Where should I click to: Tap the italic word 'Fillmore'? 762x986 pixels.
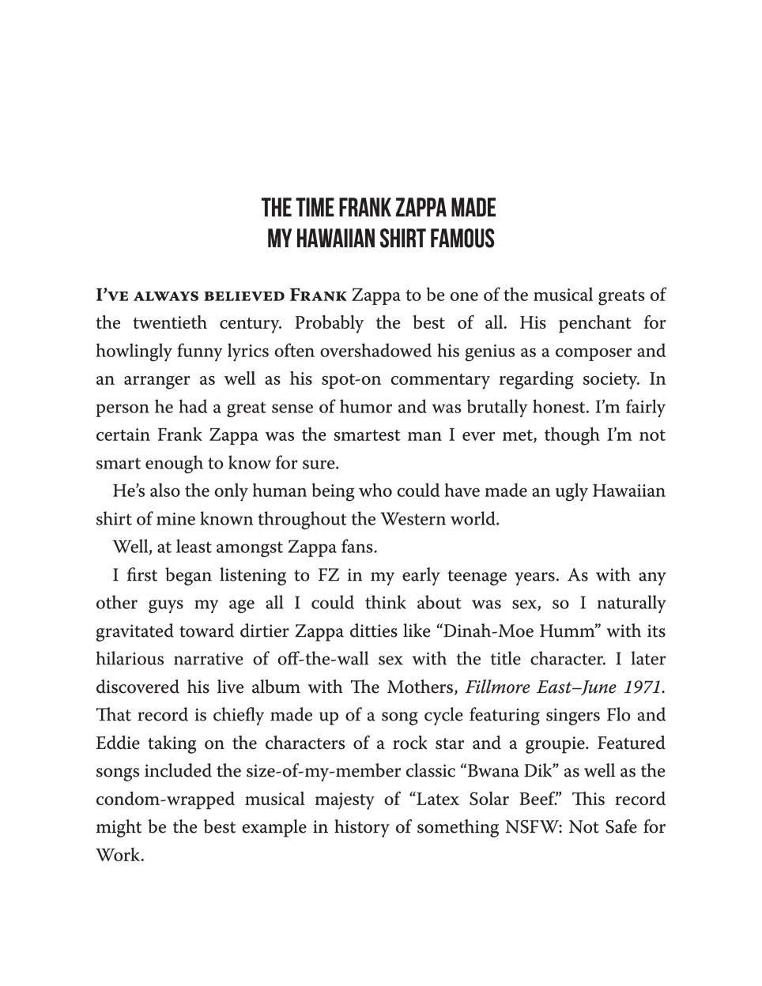click(x=498, y=687)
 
